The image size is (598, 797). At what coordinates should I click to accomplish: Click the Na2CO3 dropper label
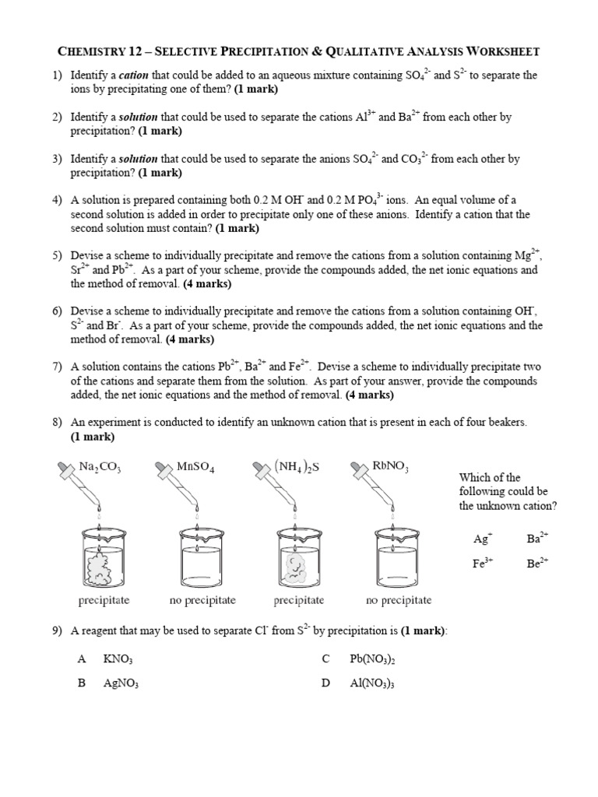click(x=100, y=467)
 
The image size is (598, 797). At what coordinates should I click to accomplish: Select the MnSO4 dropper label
click(x=195, y=467)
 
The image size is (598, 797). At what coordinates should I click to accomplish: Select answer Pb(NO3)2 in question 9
click(x=372, y=659)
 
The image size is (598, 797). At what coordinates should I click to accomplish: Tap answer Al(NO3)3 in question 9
click(x=371, y=684)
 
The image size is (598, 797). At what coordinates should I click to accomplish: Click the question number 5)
click(x=57, y=255)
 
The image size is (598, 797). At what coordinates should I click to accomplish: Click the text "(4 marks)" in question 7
click(x=369, y=395)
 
